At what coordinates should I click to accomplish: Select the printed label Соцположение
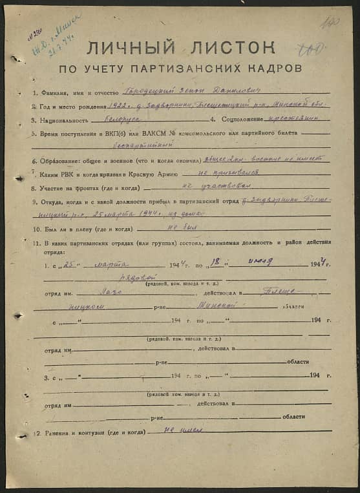pos(246,120)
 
